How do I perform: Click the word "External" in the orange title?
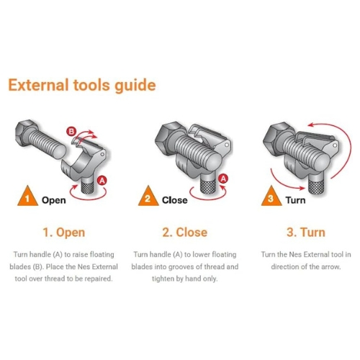[x=38, y=85]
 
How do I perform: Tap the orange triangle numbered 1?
[x=27, y=196]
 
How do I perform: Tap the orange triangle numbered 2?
[x=148, y=196]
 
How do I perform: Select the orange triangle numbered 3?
[x=271, y=196]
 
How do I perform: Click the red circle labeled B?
[x=71, y=132]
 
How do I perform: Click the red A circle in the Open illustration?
[x=102, y=180]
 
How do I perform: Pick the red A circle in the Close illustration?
[x=223, y=179]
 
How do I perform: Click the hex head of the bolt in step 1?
[x=27, y=131]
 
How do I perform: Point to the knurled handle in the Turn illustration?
[x=315, y=185]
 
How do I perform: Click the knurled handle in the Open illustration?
[x=88, y=185]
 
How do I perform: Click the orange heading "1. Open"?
[x=64, y=233]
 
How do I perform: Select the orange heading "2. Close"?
[x=185, y=233]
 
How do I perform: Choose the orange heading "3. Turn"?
[x=306, y=233]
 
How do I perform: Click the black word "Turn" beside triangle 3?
[x=295, y=200]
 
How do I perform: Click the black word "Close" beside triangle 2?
[x=175, y=200]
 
